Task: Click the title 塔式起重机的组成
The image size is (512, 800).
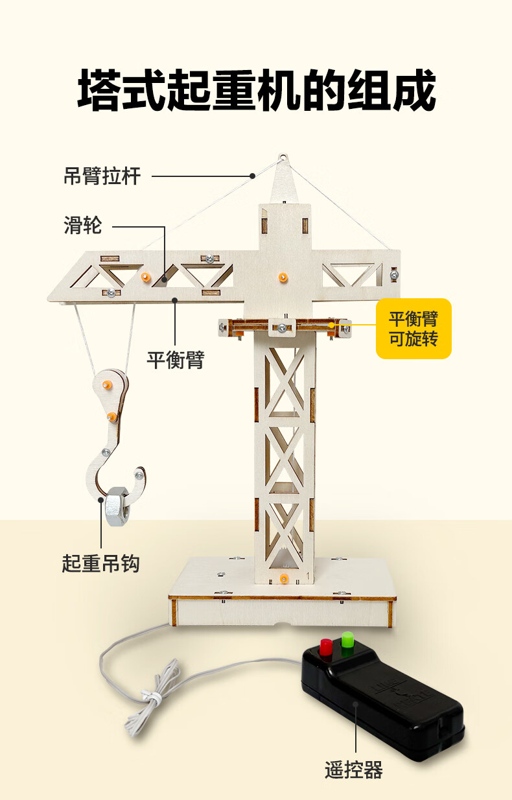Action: point(257,90)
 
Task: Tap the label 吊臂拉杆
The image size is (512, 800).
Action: point(102,176)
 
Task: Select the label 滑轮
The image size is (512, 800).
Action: point(83,226)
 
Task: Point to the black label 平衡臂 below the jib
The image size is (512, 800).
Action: point(176,360)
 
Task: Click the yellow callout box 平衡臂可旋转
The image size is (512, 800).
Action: point(413,329)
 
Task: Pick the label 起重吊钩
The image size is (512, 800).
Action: point(100,563)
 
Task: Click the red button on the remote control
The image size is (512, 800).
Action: point(325,647)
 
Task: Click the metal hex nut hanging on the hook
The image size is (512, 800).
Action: point(117,506)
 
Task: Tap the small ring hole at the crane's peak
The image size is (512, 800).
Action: point(283,157)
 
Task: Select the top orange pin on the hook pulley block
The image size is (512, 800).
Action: point(107,384)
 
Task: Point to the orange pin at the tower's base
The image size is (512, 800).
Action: point(283,578)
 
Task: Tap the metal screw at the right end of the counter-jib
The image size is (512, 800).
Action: point(394,274)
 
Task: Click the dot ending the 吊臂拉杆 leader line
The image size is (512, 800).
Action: point(252,176)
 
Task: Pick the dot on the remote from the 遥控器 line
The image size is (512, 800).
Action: point(356,703)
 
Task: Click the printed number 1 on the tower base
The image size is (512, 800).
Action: point(308,575)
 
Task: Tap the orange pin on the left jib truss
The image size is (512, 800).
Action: point(145,277)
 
